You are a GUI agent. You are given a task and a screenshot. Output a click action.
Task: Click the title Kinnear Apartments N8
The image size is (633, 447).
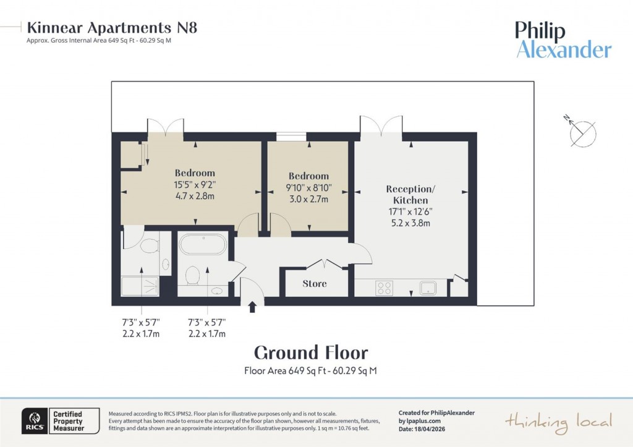point(112,28)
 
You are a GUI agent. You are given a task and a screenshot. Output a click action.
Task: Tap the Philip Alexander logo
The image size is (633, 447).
point(563,40)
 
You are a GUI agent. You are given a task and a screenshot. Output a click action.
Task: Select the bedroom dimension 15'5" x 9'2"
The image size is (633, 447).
point(195,184)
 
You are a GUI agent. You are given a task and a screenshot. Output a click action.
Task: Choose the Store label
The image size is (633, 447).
point(315,284)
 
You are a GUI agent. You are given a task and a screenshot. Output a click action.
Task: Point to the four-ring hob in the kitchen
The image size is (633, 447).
point(384,287)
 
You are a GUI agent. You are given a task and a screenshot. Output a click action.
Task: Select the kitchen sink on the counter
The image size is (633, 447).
point(428,287)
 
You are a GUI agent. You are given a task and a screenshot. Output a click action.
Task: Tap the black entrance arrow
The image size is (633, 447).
point(252,307)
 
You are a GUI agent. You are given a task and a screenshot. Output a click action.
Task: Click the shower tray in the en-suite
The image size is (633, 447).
point(140,286)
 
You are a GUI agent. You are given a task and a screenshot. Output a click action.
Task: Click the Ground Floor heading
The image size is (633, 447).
point(311,352)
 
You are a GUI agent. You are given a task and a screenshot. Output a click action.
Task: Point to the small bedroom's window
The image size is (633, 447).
point(291,137)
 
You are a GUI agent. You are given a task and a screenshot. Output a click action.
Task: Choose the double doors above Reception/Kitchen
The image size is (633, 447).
point(381,126)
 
